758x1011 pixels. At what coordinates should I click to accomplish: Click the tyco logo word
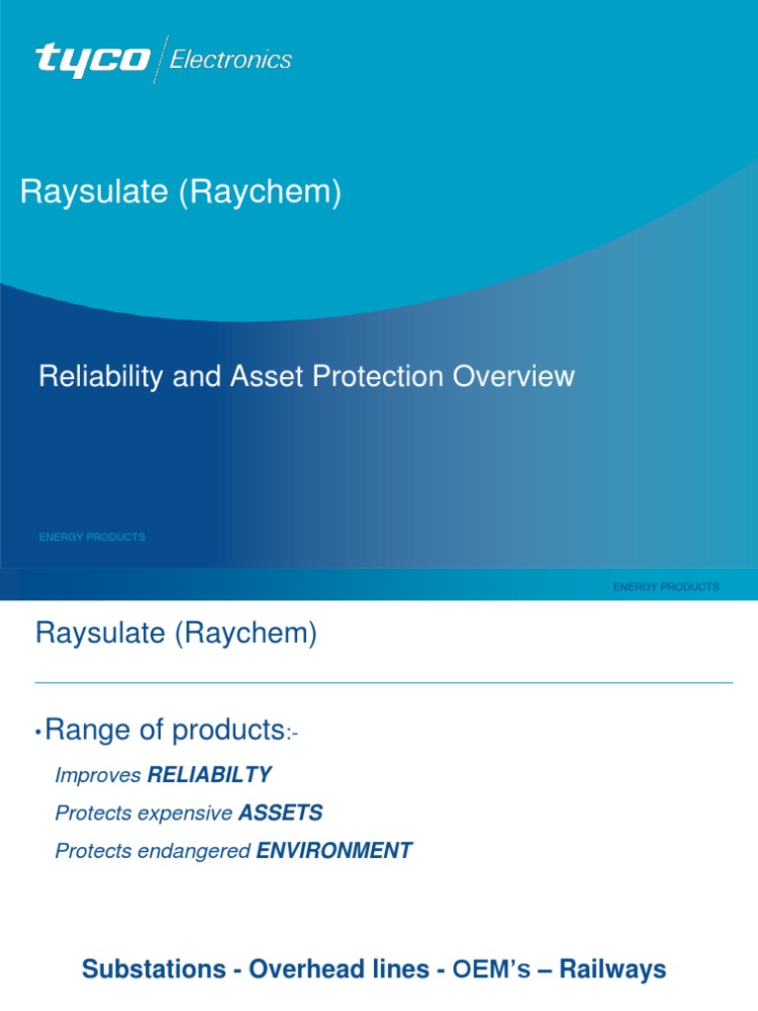click(x=93, y=59)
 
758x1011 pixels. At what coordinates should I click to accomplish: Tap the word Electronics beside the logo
click(x=231, y=60)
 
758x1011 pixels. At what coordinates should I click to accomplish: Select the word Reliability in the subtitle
click(x=94, y=376)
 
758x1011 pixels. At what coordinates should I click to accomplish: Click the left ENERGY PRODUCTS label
click(x=92, y=537)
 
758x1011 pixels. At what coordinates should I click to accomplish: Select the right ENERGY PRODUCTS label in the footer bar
click(x=666, y=586)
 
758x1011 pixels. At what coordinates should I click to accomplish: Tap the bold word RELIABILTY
click(x=209, y=776)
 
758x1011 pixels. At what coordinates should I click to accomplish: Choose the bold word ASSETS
click(x=280, y=814)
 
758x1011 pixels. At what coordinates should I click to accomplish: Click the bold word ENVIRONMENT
click(x=334, y=851)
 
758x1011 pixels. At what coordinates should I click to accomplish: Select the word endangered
click(x=200, y=851)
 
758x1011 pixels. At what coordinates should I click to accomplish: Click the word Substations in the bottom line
click(x=153, y=970)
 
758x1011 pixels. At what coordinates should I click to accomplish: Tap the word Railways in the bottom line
click(x=613, y=970)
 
